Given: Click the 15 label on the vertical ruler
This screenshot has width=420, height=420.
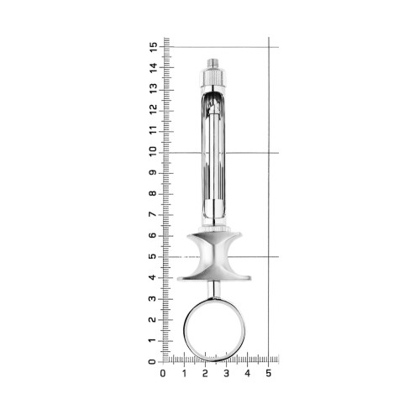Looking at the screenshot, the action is coord(153,47).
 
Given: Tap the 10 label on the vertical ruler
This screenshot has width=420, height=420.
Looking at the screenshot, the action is coord(153,152).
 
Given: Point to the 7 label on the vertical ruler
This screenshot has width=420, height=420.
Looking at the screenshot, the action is coord(153,215).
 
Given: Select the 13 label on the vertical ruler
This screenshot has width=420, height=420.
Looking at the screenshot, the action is coord(153,89).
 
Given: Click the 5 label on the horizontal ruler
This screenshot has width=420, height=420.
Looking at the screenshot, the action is coord(269,373).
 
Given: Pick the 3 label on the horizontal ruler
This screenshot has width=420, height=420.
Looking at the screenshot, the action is coord(227,373).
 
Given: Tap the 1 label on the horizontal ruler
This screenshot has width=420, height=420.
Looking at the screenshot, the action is coord(184,373).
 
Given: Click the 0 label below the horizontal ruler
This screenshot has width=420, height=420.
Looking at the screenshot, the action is coord(163,373).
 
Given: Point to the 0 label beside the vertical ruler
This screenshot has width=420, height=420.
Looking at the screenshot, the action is coord(153,362).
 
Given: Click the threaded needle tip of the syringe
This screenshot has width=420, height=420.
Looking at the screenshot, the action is coord(213,64).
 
